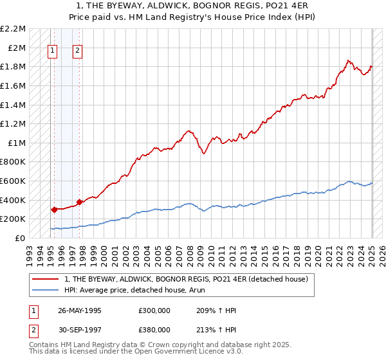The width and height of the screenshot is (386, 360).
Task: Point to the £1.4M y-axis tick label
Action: click(x=14, y=105)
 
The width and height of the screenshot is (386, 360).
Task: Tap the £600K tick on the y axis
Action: click(x=14, y=181)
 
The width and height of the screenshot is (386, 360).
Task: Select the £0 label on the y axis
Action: click(x=19, y=238)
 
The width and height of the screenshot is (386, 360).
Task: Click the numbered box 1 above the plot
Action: click(x=52, y=52)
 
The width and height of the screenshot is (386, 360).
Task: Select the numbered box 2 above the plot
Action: click(x=77, y=52)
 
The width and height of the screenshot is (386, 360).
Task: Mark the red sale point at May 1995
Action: click(x=54, y=209)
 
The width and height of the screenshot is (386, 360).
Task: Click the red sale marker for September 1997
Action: click(x=79, y=202)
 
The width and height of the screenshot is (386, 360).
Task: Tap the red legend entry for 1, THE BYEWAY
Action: click(x=187, y=279)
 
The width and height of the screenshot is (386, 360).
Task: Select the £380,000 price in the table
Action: click(x=154, y=329)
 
